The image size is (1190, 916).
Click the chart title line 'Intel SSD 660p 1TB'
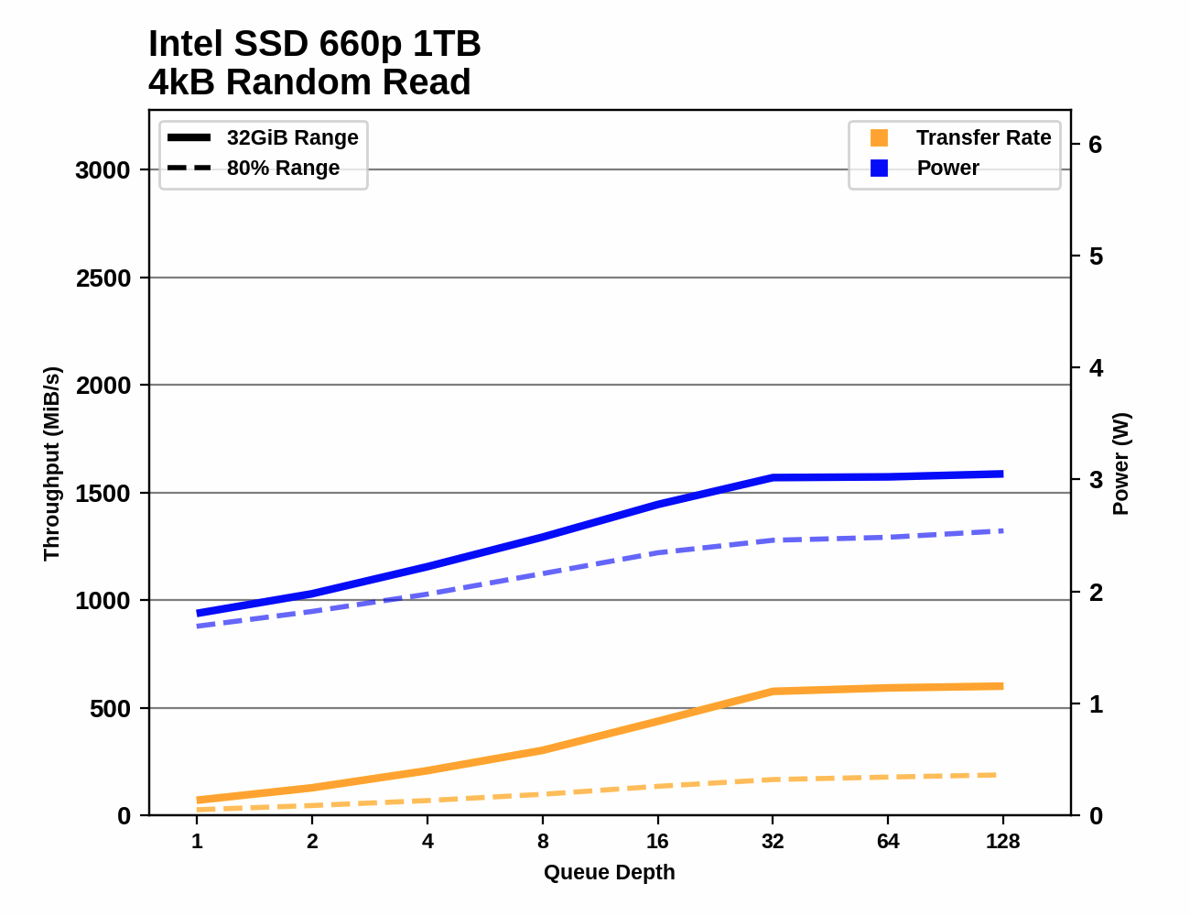click(x=314, y=44)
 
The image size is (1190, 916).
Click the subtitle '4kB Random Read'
click(x=309, y=82)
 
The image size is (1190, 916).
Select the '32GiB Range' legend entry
click(x=292, y=137)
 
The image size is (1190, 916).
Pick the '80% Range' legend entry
click(x=283, y=168)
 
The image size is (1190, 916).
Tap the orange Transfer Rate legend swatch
click(x=879, y=137)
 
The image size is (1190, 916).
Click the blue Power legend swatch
click(x=879, y=168)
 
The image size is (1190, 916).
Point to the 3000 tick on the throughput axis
click(x=103, y=170)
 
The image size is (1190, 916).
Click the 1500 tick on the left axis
click(x=103, y=494)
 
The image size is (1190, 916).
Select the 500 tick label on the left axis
click(x=110, y=709)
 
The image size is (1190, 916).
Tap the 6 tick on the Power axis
click(x=1096, y=145)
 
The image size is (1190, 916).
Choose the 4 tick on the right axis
click(x=1096, y=368)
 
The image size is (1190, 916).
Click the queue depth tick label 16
click(x=657, y=842)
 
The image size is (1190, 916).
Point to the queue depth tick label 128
click(x=1002, y=842)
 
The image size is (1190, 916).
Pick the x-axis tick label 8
click(x=543, y=842)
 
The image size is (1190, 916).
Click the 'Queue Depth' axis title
click(x=609, y=873)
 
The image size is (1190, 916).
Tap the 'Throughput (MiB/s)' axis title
click(x=51, y=463)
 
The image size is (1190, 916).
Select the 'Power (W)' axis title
click(x=1121, y=463)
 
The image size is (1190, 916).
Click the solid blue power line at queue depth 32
click(x=773, y=477)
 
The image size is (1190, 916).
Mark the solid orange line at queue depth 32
click(x=773, y=692)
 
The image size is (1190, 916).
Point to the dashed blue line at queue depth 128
click(x=1002, y=531)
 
